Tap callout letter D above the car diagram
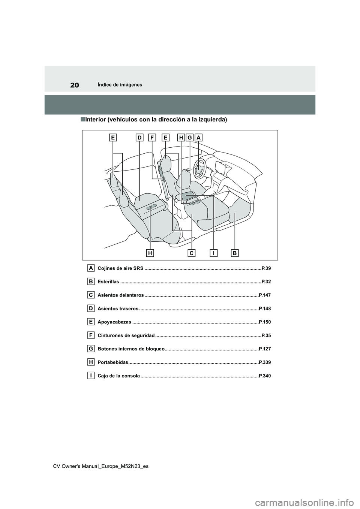click(139, 138)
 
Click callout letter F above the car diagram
click(152, 138)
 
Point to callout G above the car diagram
click(190, 138)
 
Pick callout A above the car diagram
click(198, 138)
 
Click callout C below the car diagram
click(191, 253)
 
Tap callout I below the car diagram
click(213, 253)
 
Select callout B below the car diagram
click(235, 253)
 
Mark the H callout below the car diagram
click(150, 253)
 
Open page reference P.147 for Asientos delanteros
click(264, 295)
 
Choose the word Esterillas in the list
click(108, 282)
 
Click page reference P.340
click(264, 376)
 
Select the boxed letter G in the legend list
click(91, 349)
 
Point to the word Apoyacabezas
click(114, 322)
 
